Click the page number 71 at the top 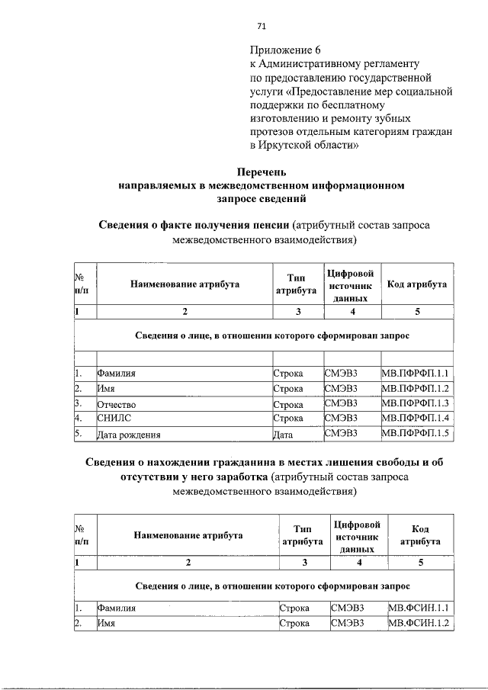point(261,26)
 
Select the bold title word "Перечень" point(262,172)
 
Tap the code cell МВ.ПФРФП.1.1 point(416,373)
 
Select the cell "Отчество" point(117,403)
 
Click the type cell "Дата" point(284,435)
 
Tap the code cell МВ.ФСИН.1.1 point(420,608)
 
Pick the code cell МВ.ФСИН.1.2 point(420,624)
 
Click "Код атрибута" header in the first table point(416,284)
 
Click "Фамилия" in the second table point(117,608)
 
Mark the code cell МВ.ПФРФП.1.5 point(416,434)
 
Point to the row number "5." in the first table point(79,434)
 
